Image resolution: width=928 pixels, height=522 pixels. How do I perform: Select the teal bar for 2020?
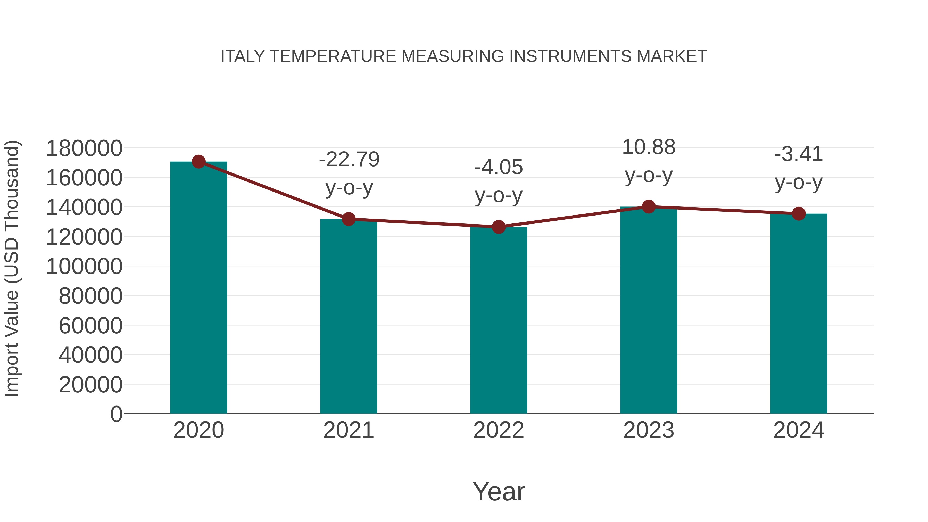[198, 288]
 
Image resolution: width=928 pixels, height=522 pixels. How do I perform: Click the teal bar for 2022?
[499, 321]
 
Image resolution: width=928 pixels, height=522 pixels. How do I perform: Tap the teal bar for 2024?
[799, 313]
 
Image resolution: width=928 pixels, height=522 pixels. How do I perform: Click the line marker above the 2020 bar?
[198, 162]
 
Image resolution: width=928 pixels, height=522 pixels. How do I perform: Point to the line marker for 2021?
[348, 219]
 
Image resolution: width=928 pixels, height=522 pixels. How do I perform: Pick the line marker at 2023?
[649, 207]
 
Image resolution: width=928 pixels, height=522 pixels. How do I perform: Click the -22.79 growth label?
[349, 159]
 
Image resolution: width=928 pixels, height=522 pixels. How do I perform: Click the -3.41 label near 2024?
[799, 154]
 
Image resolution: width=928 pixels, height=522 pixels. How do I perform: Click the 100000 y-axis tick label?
[84, 267]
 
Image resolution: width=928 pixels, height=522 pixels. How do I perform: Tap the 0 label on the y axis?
[116, 414]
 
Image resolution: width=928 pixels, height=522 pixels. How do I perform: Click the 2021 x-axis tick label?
[348, 430]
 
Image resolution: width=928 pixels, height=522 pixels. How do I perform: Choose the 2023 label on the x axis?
[649, 430]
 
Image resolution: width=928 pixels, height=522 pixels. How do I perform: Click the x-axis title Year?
[499, 491]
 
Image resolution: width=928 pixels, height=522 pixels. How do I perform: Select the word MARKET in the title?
[672, 56]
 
